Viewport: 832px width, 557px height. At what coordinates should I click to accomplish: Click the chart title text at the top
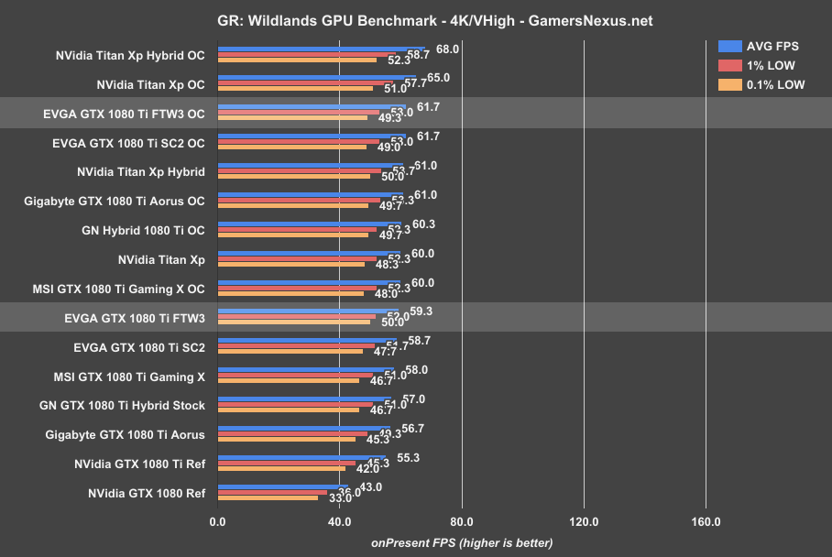[x=415, y=20]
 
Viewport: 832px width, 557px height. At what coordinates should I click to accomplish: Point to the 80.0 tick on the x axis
[x=462, y=523]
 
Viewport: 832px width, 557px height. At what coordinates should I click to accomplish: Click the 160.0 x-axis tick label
[x=706, y=523]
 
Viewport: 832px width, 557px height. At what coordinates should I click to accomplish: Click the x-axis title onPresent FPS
[x=461, y=542]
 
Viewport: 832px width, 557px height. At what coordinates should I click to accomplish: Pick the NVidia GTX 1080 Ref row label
[x=147, y=493]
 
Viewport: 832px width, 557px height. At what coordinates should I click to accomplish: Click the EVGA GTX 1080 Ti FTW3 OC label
[x=124, y=114]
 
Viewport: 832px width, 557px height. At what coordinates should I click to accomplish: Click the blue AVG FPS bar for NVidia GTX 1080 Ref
[x=283, y=486]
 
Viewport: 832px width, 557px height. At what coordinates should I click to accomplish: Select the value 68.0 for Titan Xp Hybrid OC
[x=447, y=49]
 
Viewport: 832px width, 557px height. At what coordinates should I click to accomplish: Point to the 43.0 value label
[x=370, y=486]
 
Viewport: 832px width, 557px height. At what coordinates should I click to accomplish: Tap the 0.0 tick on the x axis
[x=217, y=523]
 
